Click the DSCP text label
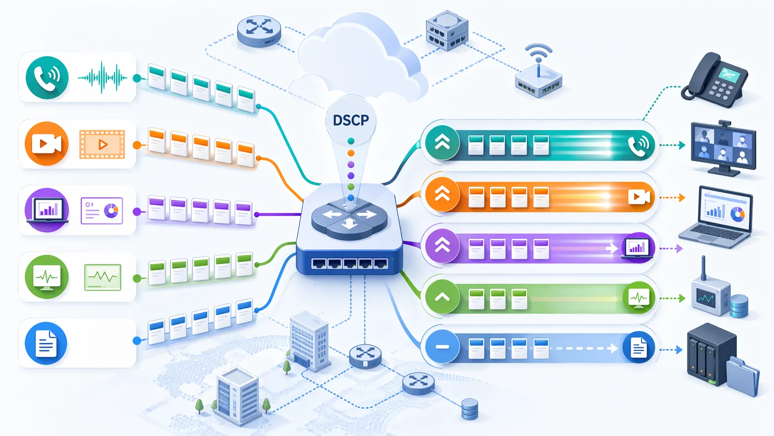pos(351,120)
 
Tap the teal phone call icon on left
pos(47,77)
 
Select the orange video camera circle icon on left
pos(46,144)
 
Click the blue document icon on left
pos(46,343)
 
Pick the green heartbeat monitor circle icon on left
pos(47,277)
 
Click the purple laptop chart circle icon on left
pos(47,210)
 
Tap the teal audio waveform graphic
pos(102,77)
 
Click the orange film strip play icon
pos(102,144)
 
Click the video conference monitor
pos(723,146)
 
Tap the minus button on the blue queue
pos(442,347)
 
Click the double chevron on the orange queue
pos(442,194)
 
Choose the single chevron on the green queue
pos(442,297)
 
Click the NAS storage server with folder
pos(721,359)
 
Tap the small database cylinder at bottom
pos(469,409)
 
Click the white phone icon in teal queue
pos(638,145)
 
